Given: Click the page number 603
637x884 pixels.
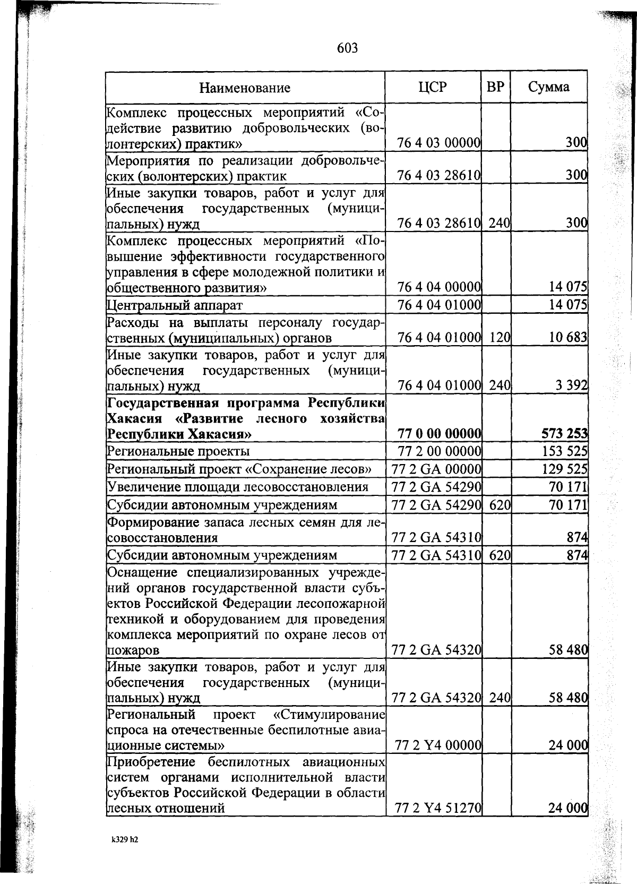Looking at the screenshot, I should tap(348, 48).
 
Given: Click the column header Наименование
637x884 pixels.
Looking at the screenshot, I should tap(245, 88).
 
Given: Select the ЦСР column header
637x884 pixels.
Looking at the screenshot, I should tap(433, 87).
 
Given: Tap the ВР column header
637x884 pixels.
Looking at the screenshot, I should tap(495, 87).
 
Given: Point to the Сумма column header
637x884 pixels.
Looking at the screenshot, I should tap(549, 87).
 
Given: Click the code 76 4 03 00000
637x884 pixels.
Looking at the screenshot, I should tap(439, 143).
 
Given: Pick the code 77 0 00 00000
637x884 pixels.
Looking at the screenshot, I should tap(440, 434).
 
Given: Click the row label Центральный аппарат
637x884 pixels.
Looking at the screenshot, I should tap(175, 305).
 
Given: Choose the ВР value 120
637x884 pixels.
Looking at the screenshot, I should tap(500, 337).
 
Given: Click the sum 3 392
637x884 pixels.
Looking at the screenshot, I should tap(571, 385).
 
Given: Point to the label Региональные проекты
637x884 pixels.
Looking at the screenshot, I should tap(178, 451).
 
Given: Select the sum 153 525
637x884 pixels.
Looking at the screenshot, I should tap(566, 451).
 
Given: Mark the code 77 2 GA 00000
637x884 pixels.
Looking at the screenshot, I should tap(436, 469).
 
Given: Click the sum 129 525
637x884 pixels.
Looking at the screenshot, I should tap(566, 469).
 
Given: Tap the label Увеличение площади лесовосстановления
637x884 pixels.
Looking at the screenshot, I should tap(238, 487).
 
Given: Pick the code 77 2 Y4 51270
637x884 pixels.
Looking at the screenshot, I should tap(438, 809).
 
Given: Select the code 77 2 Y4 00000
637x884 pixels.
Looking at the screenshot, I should tap(438, 745).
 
